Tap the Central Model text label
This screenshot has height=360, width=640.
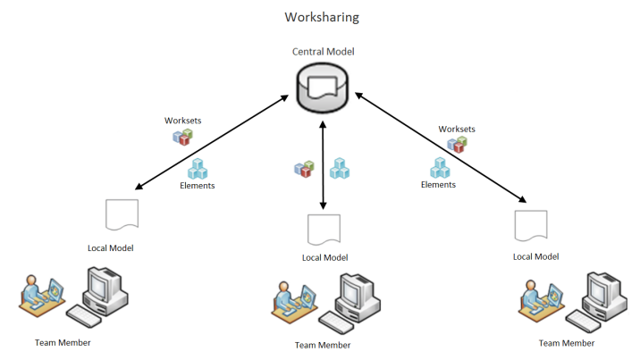tap(323, 52)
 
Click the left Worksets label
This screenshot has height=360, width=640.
tap(182, 121)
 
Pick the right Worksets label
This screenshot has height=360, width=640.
tap(457, 130)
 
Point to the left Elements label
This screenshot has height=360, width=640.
tap(198, 186)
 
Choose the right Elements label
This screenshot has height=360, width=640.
tap(438, 185)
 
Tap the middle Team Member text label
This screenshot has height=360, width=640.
tap(323, 345)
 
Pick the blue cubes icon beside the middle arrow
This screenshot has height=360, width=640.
tap(339, 167)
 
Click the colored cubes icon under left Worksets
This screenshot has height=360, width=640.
tap(182, 138)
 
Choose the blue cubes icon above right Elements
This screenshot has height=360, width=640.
tap(439, 166)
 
